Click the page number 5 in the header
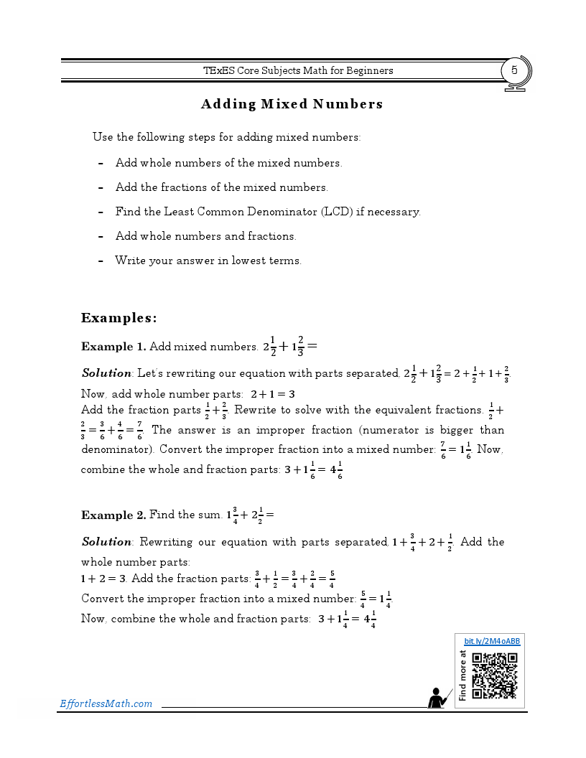coord(514,70)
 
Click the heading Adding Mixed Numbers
coord(292,104)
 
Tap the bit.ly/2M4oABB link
coord(492,641)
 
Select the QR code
coord(495,675)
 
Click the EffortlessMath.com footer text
coord(106,703)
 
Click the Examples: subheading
coord(118,317)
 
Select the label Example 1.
coord(113,347)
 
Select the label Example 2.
coord(113,515)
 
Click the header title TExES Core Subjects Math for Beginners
coord(298,70)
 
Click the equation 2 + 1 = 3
coord(273,394)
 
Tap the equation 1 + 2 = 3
coord(103,579)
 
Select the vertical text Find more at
coord(463,675)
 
